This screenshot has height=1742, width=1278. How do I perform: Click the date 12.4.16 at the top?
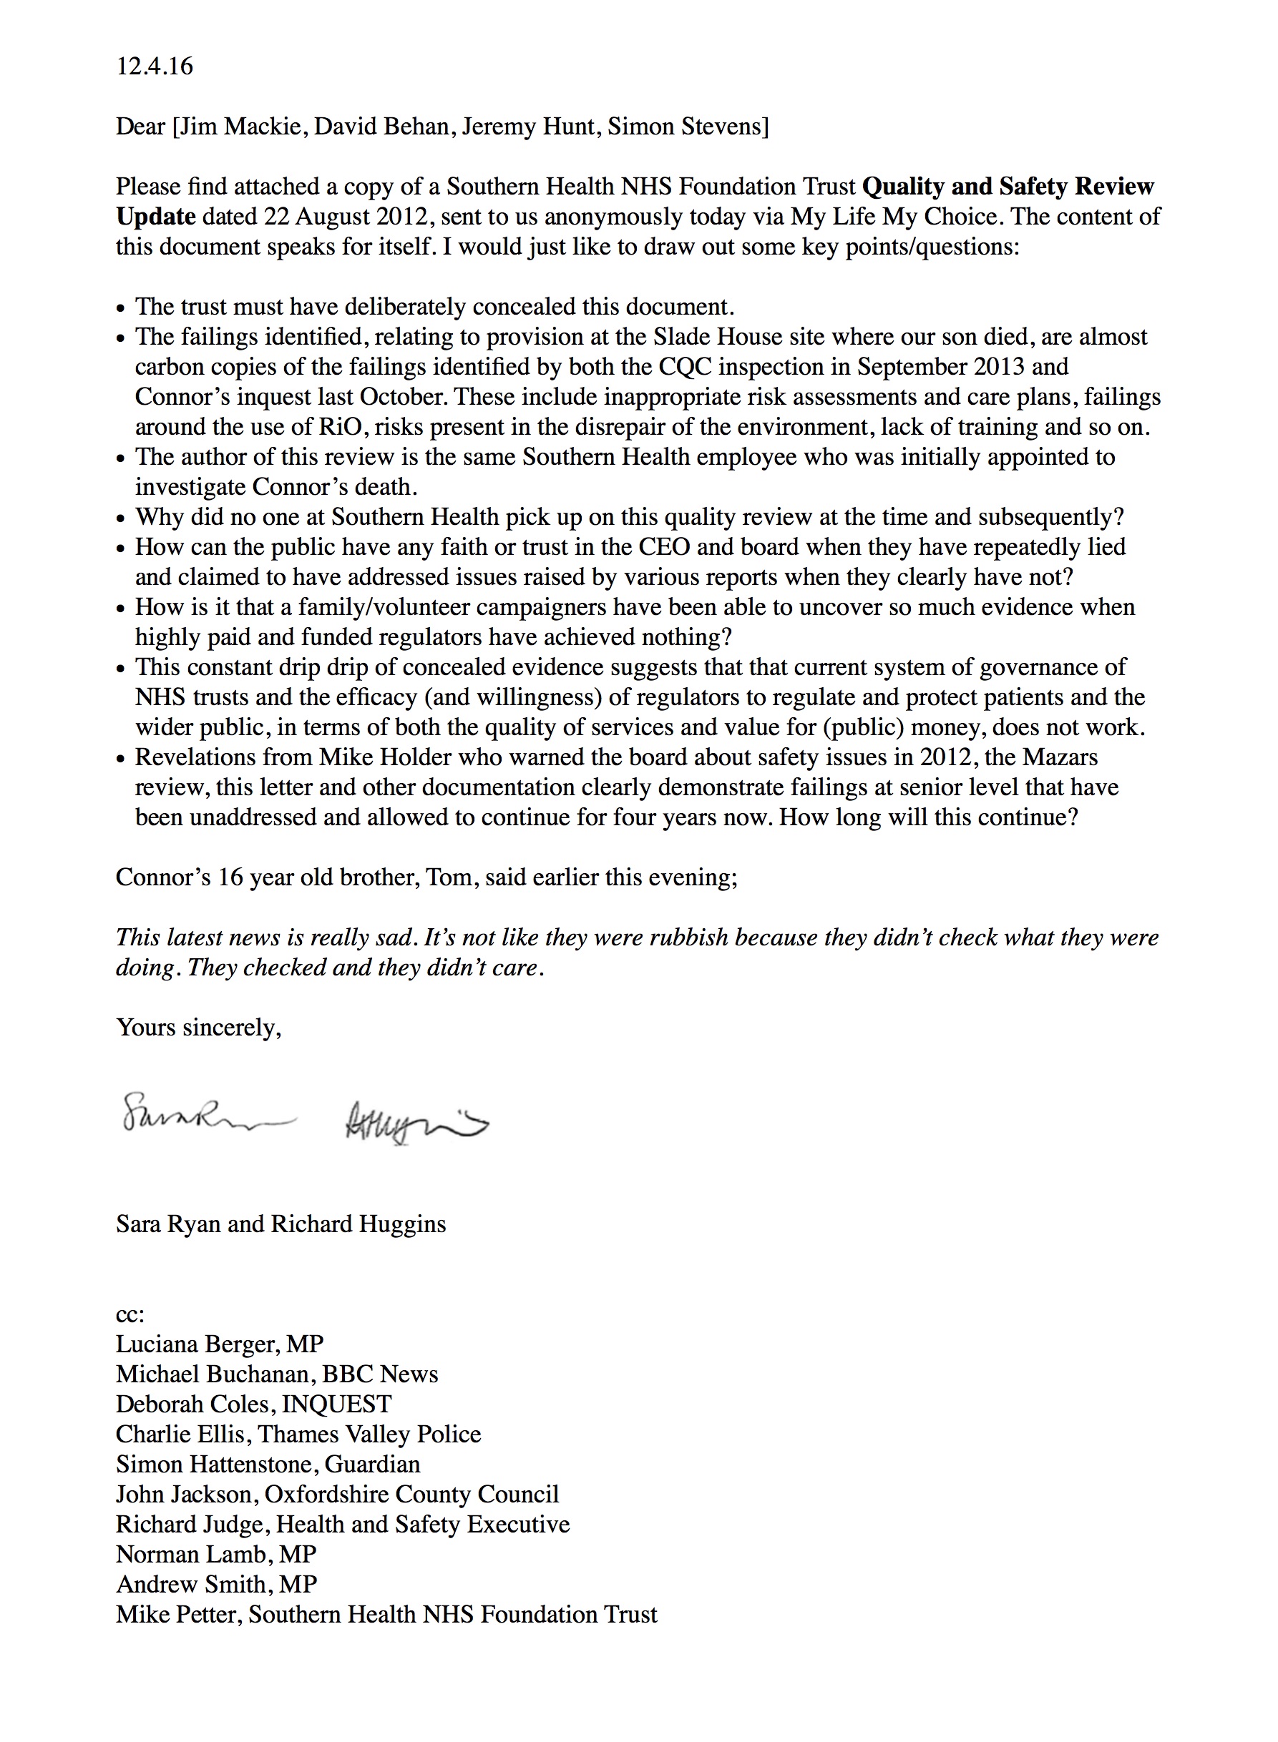click(x=154, y=67)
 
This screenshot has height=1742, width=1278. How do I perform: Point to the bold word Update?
click(x=155, y=217)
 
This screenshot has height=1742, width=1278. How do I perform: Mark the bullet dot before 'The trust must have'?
click(x=121, y=308)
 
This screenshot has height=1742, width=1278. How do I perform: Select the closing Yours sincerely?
click(x=198, y=1028)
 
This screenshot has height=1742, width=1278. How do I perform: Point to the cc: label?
click(x=130, y=1314)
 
